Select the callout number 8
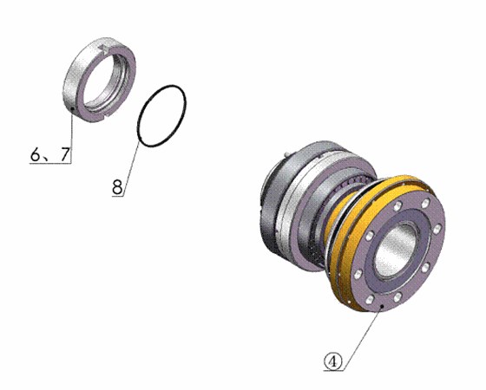[x=118, y=186]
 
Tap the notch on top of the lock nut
[x=106, y=49]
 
